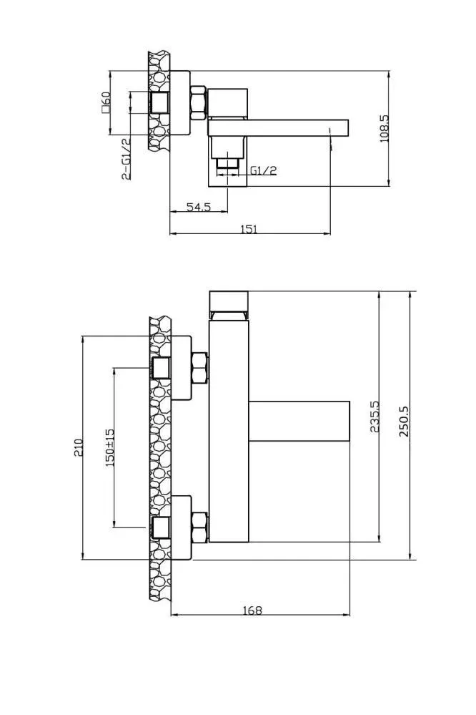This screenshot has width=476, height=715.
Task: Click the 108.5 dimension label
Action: click(x=385, y=129)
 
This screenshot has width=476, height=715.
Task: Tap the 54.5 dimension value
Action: click(x=199, y=207)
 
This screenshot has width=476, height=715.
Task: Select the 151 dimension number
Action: click(x=249, y=229)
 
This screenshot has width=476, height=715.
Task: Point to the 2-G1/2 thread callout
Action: click(x=127, y=159)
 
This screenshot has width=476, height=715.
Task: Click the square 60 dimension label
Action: click(x=106, y=102)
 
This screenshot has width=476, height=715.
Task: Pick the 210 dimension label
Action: click(x=79, y=447)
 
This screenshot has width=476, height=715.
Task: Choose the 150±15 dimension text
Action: click(x=110, y=447)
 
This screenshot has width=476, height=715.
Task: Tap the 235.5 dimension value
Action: click(x=375, y=417)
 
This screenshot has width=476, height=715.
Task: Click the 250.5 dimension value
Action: click(x=404, y=422)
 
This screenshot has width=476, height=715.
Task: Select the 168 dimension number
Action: click(x=253, y=610)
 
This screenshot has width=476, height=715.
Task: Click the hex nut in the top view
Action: click(x=198, y=103)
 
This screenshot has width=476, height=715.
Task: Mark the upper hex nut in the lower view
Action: click(x=200, y=368)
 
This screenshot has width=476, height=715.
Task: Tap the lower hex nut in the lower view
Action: click(x=200, y=527)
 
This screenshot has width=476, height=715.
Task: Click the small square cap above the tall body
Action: click(x=229, y=300)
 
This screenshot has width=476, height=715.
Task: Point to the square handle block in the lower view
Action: click(x=299, y=422)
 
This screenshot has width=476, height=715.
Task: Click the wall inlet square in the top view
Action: click(x=160, y=102)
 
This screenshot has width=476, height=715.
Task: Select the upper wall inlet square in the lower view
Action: click(x=161, y=368)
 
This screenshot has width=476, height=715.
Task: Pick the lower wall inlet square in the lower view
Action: click(x=161, y=527)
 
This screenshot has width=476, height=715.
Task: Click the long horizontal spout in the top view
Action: click(x=278, y=127)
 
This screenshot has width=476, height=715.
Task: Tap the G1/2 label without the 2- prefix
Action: click(x=263, y=171)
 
